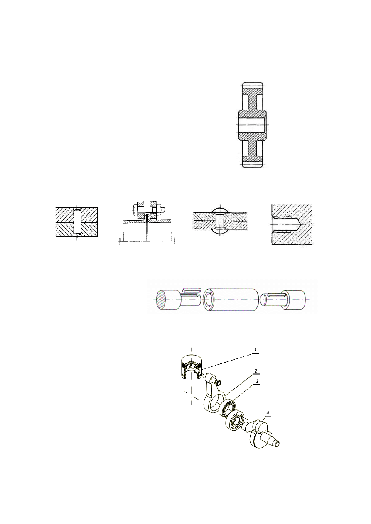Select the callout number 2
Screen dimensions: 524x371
click(x=256, y=370)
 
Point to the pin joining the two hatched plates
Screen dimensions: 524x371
click(x=77, y=221)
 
